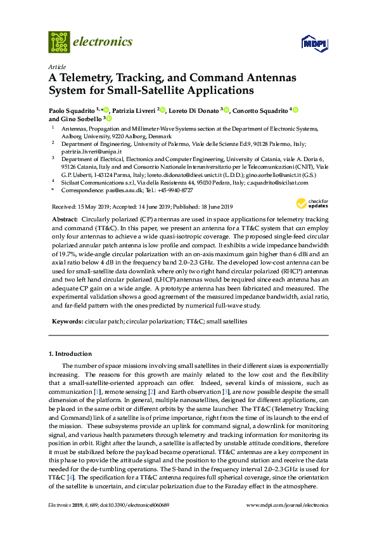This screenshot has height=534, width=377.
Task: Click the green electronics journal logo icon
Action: (x=59, y=42)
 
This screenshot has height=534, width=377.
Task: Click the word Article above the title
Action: (x=56, y=67)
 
